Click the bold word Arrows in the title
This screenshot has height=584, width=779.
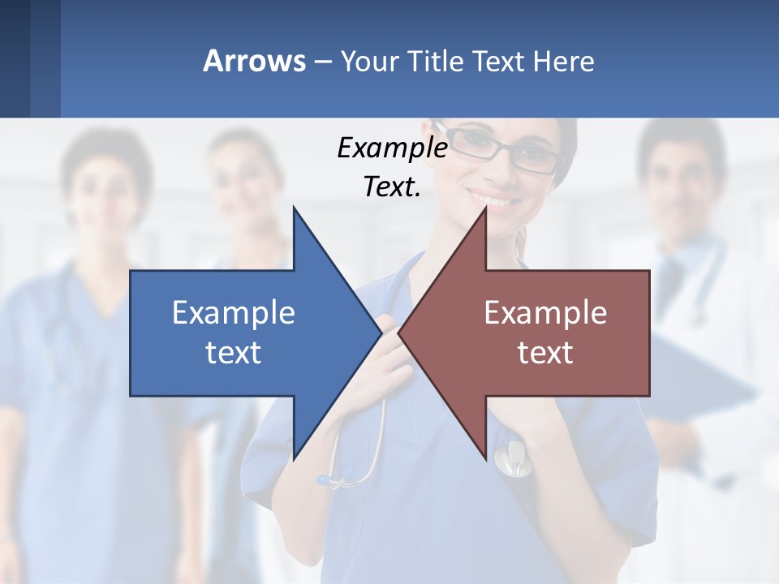[254, 61]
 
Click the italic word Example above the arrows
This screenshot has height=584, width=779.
[392, 148]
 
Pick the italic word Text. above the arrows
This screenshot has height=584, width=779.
[392, 187]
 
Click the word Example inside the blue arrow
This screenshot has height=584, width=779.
[234, 312]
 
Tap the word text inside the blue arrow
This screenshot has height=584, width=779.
[234, 352]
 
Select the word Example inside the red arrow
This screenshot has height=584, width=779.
[545, 312]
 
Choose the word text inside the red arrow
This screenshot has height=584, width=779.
[545, 352]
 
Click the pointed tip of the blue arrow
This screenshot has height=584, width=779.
[380, 333]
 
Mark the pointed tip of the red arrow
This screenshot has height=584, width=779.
[401, 333]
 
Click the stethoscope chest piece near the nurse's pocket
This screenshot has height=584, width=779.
[509, 458]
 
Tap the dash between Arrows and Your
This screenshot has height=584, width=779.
[321, 62]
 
